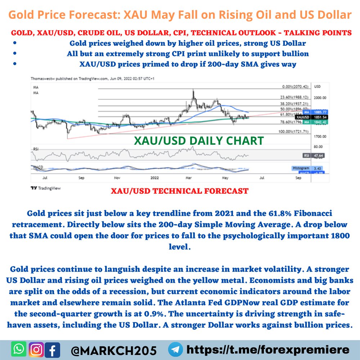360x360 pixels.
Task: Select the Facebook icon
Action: point(53,350)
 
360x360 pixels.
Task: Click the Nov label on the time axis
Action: point(117,178)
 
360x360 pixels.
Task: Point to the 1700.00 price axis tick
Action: point(320,136)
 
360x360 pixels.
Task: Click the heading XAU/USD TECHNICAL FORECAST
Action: point(180,191)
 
